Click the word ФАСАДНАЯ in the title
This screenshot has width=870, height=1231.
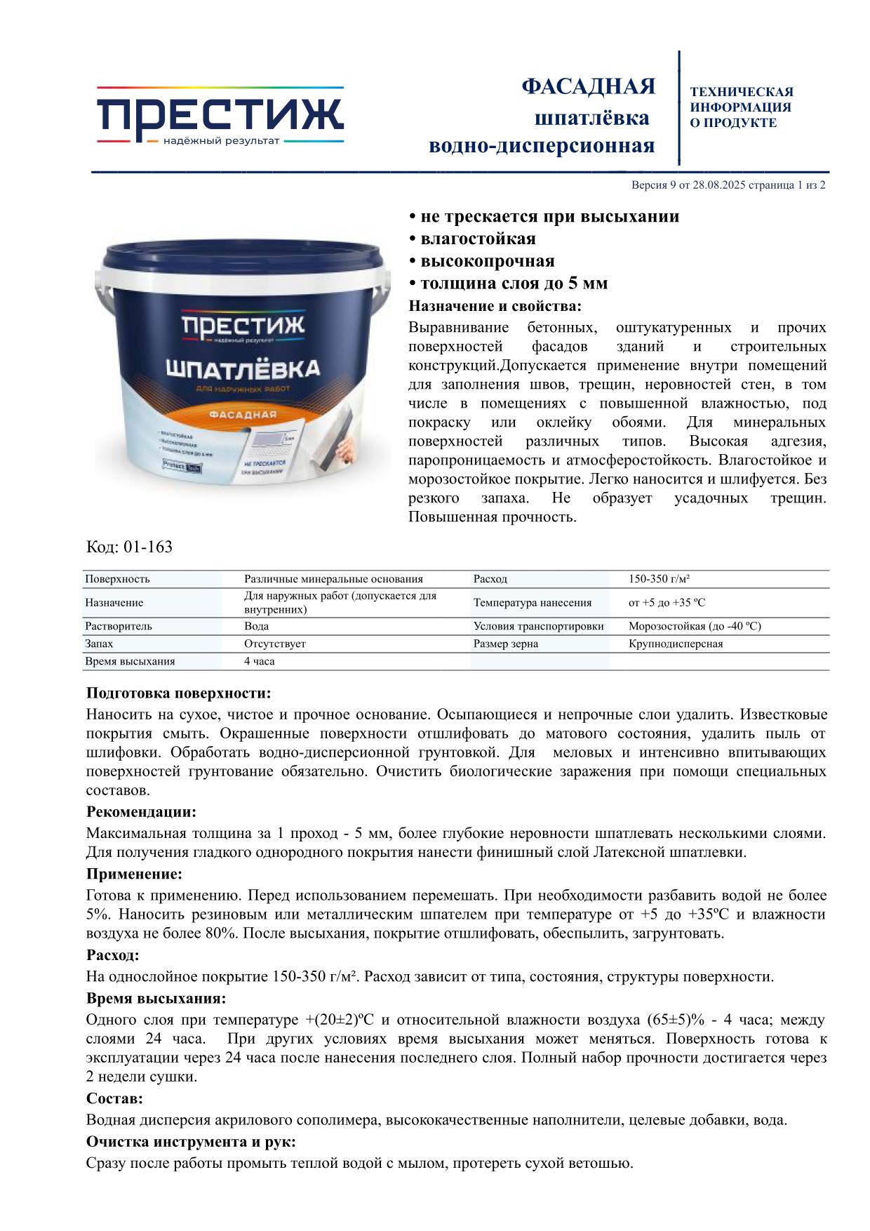coord(588,86)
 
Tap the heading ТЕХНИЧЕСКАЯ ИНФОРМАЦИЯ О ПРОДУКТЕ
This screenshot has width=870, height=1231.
coord(741,107)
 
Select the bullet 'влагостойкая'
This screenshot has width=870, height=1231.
coord(477,239)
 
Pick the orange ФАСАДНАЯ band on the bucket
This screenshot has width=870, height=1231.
coord(243,414)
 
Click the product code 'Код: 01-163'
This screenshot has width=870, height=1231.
coord(129,547)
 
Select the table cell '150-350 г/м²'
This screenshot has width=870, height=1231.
coord(659,579)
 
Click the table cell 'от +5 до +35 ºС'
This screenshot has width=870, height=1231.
coord(667,603)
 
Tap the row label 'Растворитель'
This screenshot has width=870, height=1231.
coord(119,626)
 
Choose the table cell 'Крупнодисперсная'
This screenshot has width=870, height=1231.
coord(676,644)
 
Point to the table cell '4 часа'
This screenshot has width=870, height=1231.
coord(260,661)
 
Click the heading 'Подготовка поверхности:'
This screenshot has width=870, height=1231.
coord(178,693)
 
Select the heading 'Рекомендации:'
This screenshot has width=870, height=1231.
coord(141,812)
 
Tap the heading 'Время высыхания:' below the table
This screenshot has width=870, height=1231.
coord(156,998)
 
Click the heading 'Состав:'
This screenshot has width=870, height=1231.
coord(114,1098)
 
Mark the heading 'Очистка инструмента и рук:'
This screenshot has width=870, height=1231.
coord(190,1141)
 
